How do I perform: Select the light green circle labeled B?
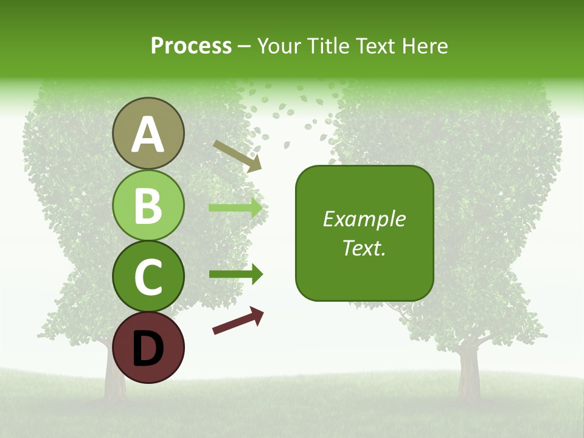pyautogui.click(x=148, y=206)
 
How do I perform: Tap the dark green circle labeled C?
pyautogui.click(x=148, y=276)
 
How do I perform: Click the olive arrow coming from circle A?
pyautogui.click(x=237, y=156)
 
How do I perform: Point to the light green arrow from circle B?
pyautogui.click(x=236, y=208)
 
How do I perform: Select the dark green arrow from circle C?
pyautogui.click(x=236, y=274)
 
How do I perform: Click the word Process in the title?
pyautogui.click(x=191, y=46)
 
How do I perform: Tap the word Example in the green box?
pyautogui.click(x=364, y=219)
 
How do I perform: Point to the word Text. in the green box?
pyautogui.click(x=364, y=248)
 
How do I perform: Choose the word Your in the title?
pyautogui.click(x=277, y=46)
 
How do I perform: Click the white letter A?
pyautogui.click(x=148, y=134)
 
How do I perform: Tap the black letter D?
pyautogui.click(x=148, y=349)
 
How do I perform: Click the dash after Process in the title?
pyautogui.click(x=244, y=47)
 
